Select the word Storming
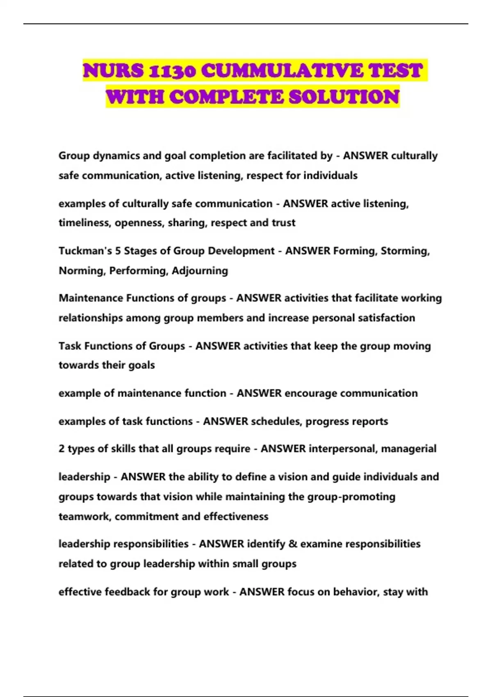(405, 251)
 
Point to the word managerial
(408, 449)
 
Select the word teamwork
(84, 516)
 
